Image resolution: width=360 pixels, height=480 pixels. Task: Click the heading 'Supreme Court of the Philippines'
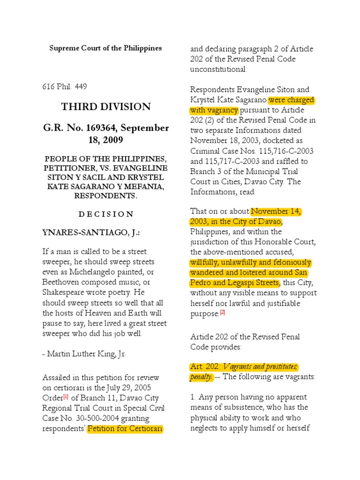tap(105, 48)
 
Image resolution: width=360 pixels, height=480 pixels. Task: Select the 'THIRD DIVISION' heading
tap(105, 107)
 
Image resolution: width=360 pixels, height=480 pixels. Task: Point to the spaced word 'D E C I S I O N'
tap(105, 214)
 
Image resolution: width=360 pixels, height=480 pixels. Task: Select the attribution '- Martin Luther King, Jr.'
tap(84, 354)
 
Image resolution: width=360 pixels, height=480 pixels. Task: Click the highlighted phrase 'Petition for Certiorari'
tap(125, 428)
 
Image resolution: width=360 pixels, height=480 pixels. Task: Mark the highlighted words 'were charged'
tap(291, 100)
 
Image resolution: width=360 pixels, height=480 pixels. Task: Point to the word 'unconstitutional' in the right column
tap(218, 69)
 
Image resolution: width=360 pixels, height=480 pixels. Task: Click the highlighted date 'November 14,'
tap(277, 211)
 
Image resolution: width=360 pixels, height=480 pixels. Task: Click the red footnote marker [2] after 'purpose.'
tap(223, 313)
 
